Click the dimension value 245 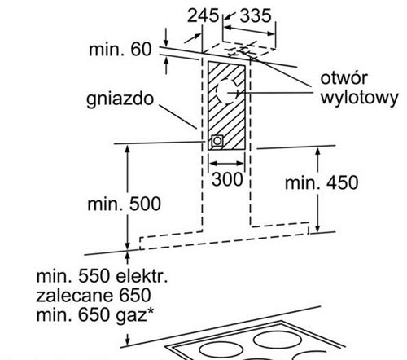(x=203, y=15)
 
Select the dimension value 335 (x=256, y=15)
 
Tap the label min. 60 (x=120, y=50)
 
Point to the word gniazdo (x=120, y=99)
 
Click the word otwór (x=344, y=78)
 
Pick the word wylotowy (x=359, y=97)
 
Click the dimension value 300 (x=227, y=179)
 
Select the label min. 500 (x=124, y=204)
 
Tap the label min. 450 (x=322, y=182)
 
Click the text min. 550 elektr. (x=102, y=276)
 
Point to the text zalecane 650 (x=94, y=296)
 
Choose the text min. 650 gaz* (x=94, y=315)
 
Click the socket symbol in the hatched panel (x=217, y=141)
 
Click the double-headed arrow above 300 (x=227, y=164)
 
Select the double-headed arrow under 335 (x=249, y=30)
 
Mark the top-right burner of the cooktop (x=278, y=339)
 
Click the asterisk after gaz (x=150, y=311)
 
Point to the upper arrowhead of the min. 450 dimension (x=318, y=151)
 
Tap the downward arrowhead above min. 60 (x=166, y=43)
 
